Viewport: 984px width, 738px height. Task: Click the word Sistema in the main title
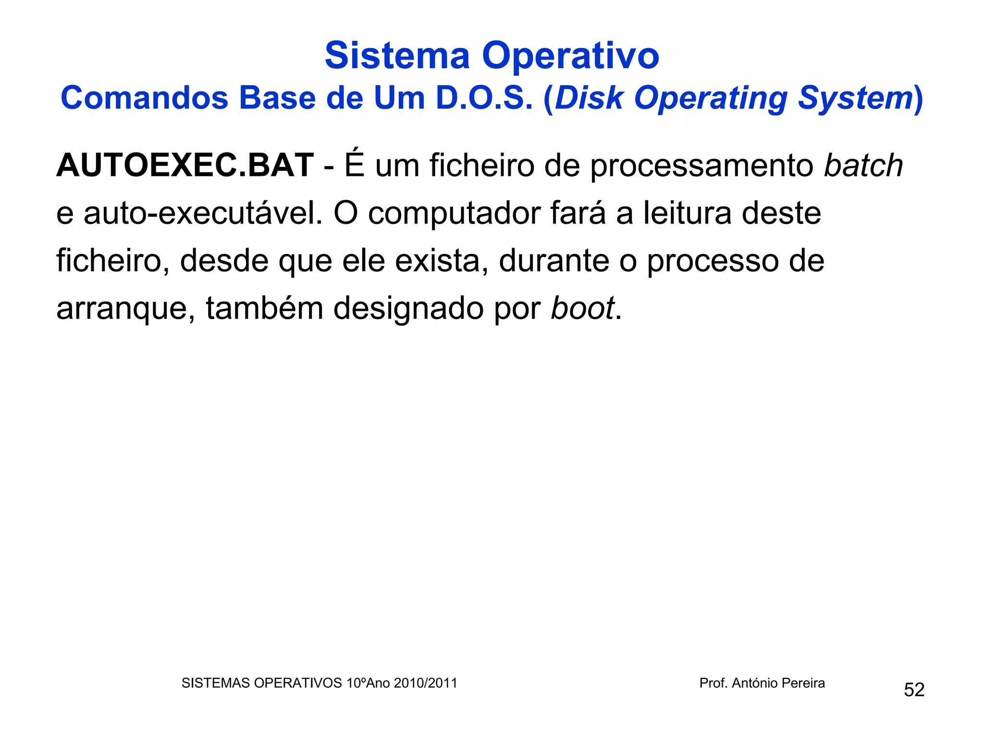click(397, 56)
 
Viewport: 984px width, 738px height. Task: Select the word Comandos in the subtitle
click(144, 98)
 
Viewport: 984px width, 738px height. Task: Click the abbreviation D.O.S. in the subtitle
click(484, 98)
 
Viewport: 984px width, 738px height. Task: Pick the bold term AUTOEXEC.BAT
click(185, 165)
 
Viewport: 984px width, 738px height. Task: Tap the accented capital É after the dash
click(355, 164)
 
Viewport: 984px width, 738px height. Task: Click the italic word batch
click(863, 165)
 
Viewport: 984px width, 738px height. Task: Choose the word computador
click(454, 214)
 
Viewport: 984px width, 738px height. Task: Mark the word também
click(265, 308)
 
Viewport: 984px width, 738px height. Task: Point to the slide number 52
click(914, 689)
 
